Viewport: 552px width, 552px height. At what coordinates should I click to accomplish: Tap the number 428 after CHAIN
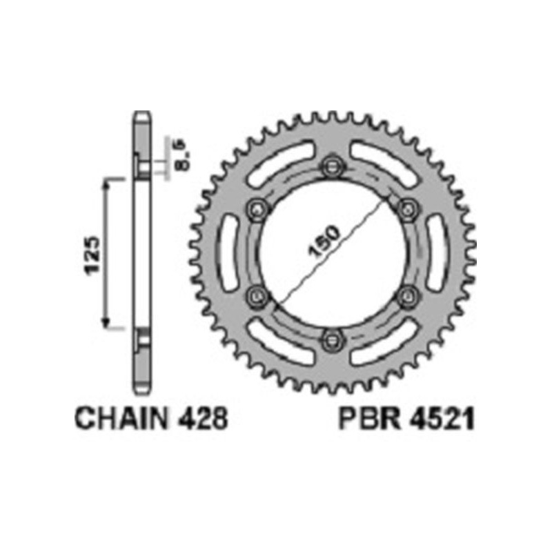(x=204, y=419)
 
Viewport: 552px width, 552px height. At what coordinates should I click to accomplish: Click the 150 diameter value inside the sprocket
(x=323, y=244)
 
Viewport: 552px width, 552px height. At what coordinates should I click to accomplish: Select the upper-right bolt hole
(x=408, y=208)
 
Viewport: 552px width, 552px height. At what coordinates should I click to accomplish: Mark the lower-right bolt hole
(x=408, y=295)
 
